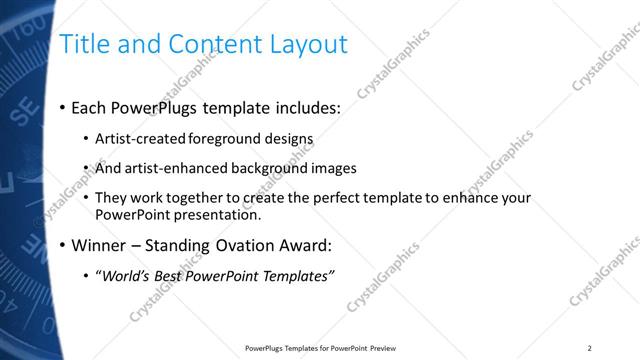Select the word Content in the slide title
[x=211, y=44]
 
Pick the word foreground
[x=220, y=138]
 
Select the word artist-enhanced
[x=175, y=168]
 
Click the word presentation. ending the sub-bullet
[x=221, y=214]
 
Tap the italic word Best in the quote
[x=170, y=276]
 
